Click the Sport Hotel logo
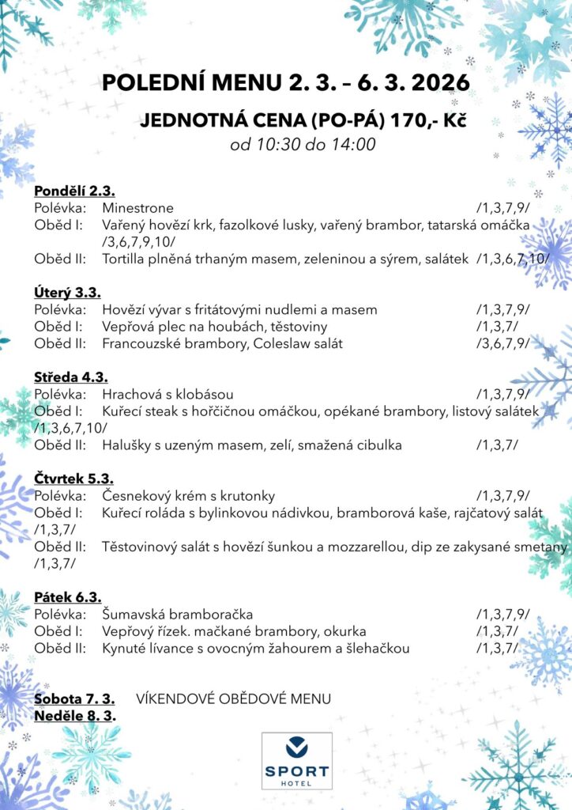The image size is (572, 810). [296, 760]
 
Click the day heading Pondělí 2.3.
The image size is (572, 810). [75, 191]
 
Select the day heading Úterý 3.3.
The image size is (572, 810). [67, 292]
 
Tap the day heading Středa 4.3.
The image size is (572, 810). [71, 377]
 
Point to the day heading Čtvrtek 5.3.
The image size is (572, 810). [74, 478]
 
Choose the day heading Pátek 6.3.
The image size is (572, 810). [68, 596]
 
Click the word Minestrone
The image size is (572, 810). [137, 208]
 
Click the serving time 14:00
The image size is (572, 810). [356, 145]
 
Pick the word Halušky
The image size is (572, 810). [126, 445]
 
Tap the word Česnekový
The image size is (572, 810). [137, 496]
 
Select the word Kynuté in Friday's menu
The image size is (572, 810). [124, 649]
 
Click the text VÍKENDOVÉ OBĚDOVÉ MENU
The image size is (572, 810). [233, 699]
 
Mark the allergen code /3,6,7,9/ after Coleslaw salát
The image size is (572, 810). [502, 343]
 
